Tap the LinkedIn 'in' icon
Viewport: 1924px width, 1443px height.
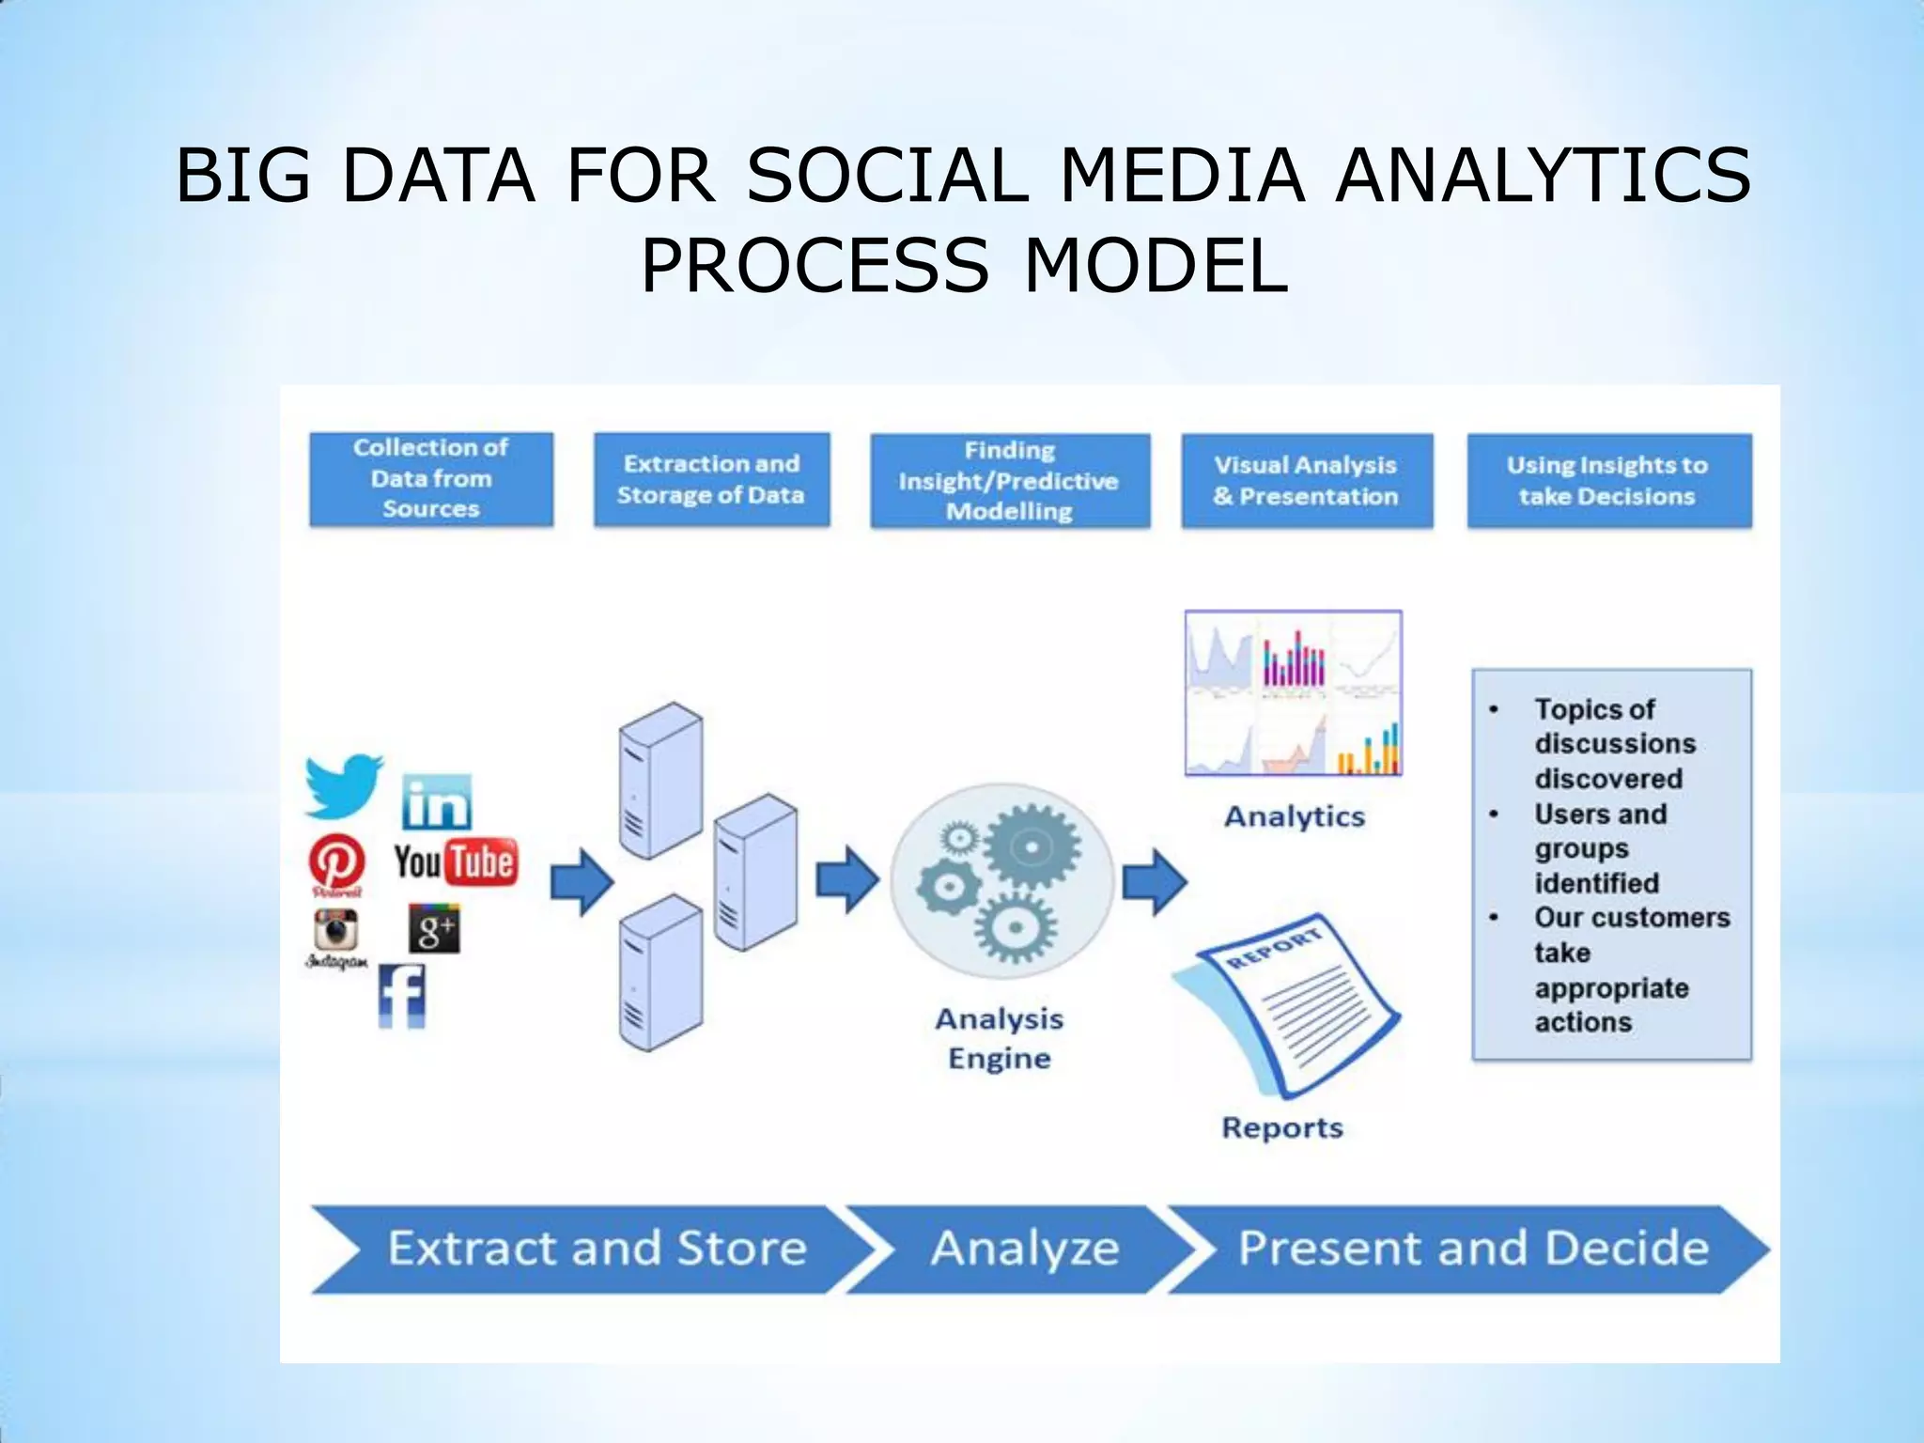[436, 803]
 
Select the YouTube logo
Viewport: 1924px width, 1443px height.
[456, 861]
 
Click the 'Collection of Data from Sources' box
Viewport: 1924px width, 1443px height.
[431, 479]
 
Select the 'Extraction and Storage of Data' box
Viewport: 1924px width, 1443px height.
[711, 479]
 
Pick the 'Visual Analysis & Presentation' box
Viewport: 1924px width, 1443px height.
[1306, 480]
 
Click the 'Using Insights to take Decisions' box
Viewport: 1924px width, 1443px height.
[1608, 480]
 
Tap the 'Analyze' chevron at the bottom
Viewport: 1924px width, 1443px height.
[1024, 1249]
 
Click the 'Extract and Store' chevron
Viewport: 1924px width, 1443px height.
[597, 1249]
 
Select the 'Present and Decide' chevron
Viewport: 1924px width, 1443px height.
[1473, 1249]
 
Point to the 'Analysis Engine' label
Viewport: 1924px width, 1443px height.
[1000, 1038]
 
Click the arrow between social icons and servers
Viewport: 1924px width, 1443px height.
[582, 882]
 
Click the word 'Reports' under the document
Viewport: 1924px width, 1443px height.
[1282, 1127]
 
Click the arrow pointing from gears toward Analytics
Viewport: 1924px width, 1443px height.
[1155, 882]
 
